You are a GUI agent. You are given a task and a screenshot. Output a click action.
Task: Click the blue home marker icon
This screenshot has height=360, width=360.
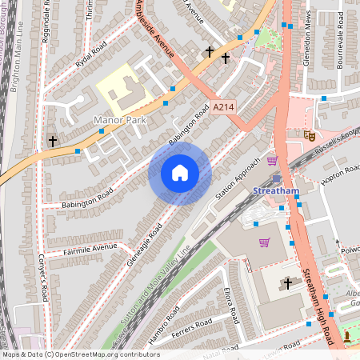point(180,173)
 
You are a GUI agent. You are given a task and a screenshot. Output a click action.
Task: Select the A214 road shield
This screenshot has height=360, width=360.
point(224,106)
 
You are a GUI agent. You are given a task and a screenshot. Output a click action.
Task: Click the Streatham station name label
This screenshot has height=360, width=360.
point(275,191)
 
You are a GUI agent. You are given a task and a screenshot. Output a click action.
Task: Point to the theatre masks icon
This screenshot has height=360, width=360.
point(308,135)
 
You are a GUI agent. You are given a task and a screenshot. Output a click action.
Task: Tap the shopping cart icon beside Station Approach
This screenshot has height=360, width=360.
point(272,160)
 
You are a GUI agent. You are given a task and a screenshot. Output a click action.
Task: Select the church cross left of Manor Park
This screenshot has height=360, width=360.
point(53,141)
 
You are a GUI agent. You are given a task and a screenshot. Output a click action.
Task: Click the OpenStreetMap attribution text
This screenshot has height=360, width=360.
point(81,354)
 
